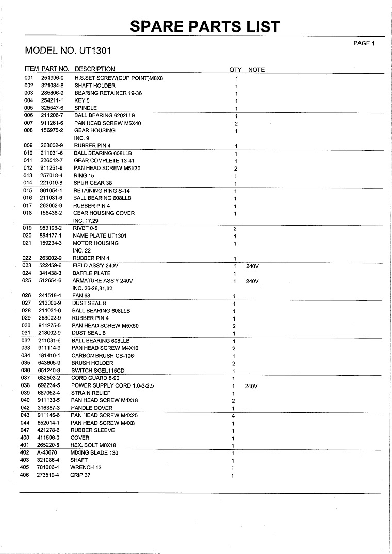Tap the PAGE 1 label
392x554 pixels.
(x=364, y=43)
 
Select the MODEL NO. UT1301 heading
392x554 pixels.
(x=68, y=51)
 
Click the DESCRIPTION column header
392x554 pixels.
(x=95, y=69)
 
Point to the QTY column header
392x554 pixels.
(x=235, y=70)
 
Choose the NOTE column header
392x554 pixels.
(x=256, y=70)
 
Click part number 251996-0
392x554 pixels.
(x=52, y=78)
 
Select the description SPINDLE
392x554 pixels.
(x=86, y=108)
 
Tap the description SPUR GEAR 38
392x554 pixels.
(x=93, y=183)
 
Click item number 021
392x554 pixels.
(x=28, y=243)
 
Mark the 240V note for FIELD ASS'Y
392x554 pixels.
(x=252, y=266)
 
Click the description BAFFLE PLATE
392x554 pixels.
(x=91, y=273)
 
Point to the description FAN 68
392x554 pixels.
(x=81, y=296)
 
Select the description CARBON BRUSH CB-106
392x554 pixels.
(x=103, y=356)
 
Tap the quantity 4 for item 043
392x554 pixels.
(x=234, y=416)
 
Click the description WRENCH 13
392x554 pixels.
(x=86, y=467)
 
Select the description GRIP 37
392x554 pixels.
(x=80, y=475)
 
